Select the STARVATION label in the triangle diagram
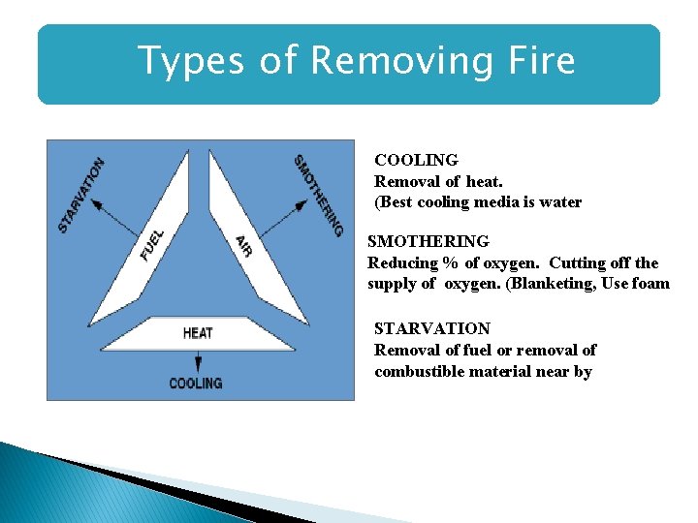point(81,195)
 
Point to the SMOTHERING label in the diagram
point(318,195)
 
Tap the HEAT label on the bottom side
point(198,333)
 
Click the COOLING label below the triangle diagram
point(196,384)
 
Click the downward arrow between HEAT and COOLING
point(198,361)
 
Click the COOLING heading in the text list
point(416,160)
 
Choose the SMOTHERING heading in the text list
point(428,241)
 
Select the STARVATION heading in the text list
point(432,328)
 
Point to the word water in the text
point(560,202)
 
